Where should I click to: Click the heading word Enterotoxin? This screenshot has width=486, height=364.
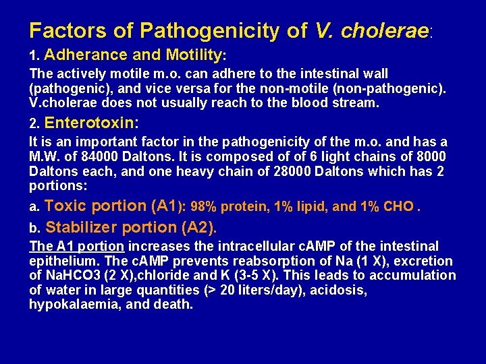point(89,123)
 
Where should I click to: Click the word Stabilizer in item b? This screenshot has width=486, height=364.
point(79,226)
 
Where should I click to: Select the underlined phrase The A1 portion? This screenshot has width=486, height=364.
point(76,247)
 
